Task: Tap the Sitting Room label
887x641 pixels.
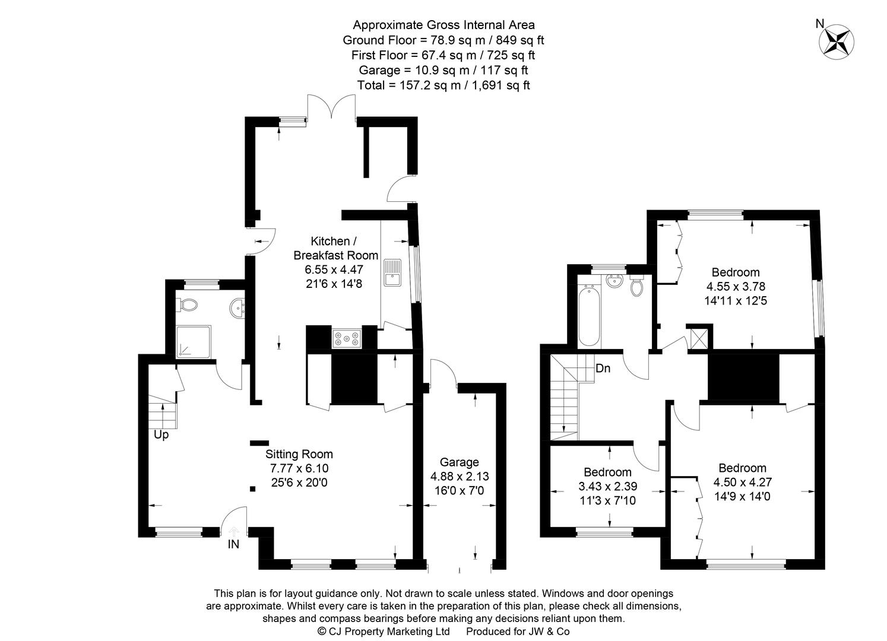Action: coord(299,454)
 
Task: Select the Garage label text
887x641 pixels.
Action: coord(459,462)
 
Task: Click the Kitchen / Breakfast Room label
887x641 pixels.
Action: coord(335,248)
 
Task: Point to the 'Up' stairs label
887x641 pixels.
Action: coord(161,435)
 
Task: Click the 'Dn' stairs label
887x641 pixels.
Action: coord(603,369)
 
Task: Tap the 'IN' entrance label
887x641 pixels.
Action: coord(233,544)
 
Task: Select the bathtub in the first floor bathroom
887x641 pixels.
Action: coord(588,315)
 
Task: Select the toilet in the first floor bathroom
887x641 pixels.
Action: coord(636,286)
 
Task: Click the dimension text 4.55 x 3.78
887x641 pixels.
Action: coord(736,287)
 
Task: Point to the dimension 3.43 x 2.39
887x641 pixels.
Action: coord(607,486)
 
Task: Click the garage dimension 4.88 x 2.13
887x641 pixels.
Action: coord(459,477)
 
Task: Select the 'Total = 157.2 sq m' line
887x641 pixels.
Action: coord(443,85)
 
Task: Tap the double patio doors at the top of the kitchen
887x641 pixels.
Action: coord(331,110)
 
